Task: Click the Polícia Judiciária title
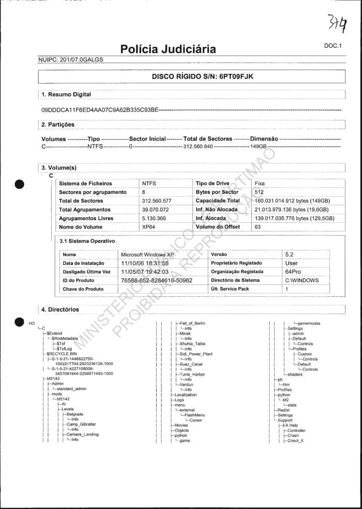167,49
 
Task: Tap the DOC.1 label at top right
333,46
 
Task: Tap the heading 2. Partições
58,125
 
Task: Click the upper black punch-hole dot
19,184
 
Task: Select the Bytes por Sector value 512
260,192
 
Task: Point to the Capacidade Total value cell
292,201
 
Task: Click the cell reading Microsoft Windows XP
147,254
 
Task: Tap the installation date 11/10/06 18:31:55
145,263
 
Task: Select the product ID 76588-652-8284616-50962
156,280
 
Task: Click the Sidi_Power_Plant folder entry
195,354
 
